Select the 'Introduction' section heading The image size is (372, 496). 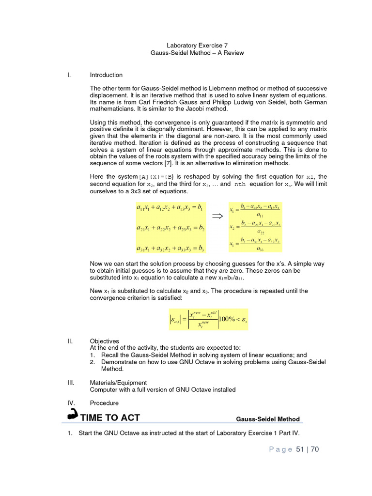[106, 75]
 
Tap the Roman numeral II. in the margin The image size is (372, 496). [70, 341]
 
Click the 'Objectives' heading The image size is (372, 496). [104, 341]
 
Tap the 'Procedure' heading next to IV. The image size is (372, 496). [104, 403]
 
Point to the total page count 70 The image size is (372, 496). [314, 449]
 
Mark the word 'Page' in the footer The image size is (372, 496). [280, 449]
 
